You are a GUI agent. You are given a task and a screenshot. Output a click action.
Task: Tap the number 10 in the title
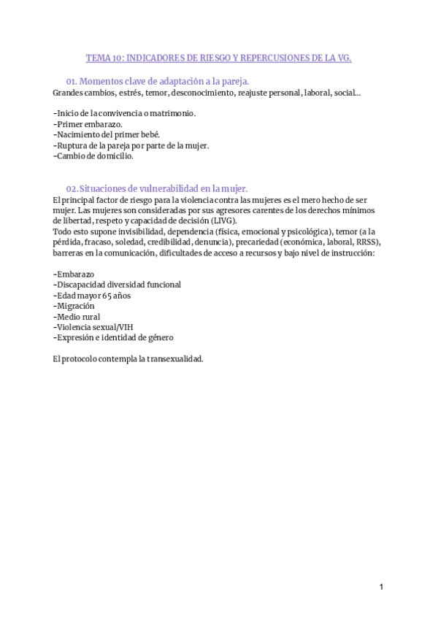point(114,58)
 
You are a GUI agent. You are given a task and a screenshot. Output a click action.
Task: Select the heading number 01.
point(71,82)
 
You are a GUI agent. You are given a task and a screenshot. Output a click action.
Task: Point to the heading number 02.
point(71,188)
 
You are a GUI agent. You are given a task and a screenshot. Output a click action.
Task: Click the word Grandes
point(68,93)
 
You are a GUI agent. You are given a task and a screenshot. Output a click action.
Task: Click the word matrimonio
point(172,114)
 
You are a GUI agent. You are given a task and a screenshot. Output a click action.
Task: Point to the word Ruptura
point(71,145)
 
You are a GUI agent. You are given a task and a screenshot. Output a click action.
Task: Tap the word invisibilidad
point(126,231)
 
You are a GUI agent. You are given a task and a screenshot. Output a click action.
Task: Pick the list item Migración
point(74,306)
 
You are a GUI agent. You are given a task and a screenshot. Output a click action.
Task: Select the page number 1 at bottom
point(381,587)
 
